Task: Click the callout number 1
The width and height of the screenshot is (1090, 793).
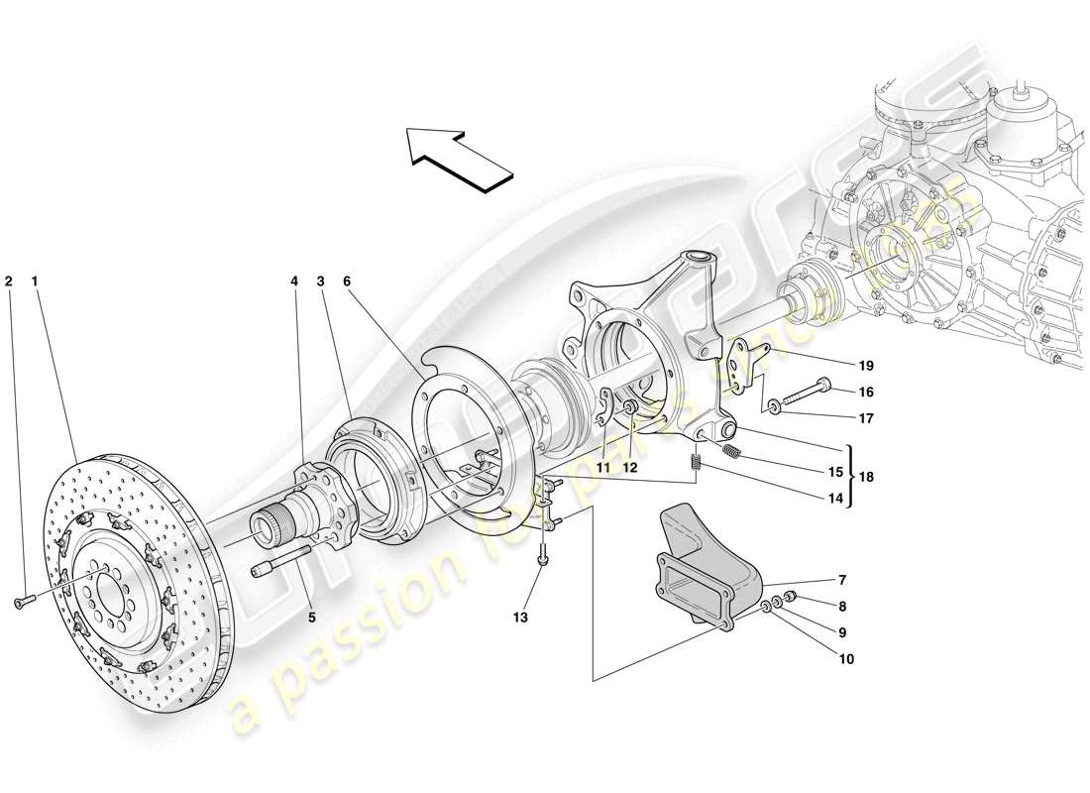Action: point(35,282)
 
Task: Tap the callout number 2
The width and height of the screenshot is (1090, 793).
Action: point(9,282)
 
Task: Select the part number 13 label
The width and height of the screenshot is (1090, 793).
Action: point(520,618)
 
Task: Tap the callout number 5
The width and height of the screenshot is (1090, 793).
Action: point(312,617)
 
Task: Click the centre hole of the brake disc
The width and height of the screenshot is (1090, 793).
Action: point(110,594)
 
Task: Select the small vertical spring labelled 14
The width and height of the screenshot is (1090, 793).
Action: point(697,461)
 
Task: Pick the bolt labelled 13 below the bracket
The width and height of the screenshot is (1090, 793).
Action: point(544,561)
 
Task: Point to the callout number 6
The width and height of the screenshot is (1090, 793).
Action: point(347,282)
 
